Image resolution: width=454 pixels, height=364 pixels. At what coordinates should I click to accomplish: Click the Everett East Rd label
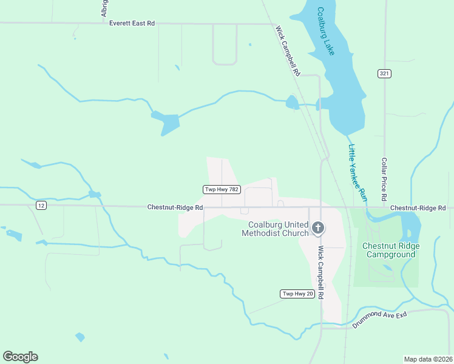coord(132,23)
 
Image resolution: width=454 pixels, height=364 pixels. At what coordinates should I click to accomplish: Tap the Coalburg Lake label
coord(325,32)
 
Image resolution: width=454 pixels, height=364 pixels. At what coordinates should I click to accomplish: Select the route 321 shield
coord(384,73)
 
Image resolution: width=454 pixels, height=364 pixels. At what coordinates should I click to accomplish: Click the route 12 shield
coord(41,206)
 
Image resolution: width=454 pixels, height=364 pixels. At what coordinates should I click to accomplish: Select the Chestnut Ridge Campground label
coord(388,250)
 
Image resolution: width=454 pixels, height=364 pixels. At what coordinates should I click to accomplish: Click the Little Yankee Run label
coord(357,173)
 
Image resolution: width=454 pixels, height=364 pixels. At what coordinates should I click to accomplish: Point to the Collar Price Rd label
coord(384,180)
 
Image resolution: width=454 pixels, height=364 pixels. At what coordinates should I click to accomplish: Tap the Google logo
coord(20,357)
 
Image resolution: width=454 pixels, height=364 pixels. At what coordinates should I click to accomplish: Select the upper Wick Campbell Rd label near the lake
coord(288,50)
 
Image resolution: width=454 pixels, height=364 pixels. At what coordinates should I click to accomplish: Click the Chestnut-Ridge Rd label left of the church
coord(175,207)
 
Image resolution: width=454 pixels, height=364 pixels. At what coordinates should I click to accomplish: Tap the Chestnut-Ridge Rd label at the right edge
coord(418,207)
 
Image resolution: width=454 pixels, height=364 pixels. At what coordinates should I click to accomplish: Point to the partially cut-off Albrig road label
coord(104,8)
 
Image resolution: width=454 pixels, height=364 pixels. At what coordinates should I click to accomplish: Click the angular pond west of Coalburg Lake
coord(166,122)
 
